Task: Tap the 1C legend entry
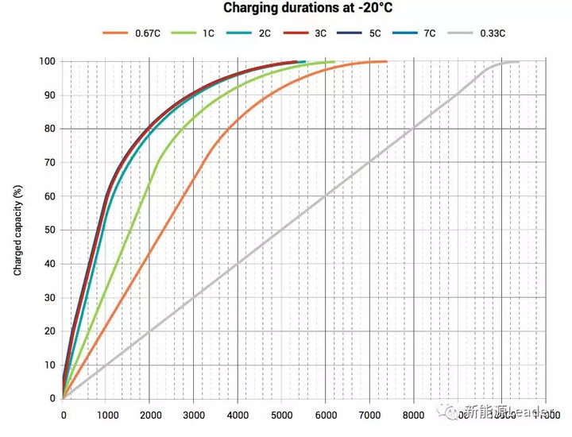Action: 196,33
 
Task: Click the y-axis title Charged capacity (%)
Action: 17,230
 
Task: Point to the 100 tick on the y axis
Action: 47,62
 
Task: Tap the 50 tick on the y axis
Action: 49,230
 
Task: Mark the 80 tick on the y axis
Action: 49,129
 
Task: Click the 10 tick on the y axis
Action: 49,364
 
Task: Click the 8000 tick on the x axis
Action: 412,414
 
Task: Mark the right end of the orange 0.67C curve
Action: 386,61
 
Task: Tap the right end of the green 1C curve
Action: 334,61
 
